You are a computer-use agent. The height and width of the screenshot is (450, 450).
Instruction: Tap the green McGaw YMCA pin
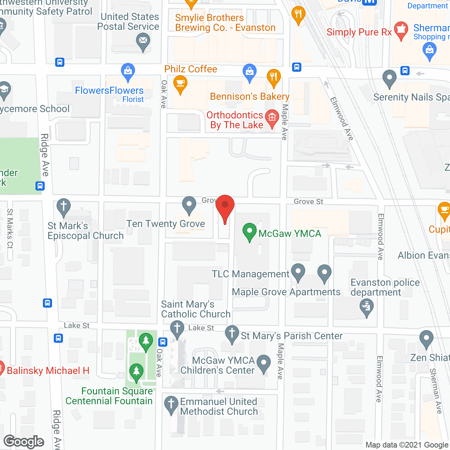(250, 232)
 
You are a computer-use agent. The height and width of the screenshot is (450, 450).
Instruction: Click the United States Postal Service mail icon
(143, 41)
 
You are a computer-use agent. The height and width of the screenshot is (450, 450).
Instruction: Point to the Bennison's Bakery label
(250, 96)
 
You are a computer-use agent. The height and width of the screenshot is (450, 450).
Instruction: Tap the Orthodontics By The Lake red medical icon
(272, 117)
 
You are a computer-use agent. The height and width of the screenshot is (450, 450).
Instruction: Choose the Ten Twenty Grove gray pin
(189, 205)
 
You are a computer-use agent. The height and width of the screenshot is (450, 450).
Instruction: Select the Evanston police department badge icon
(367, 307)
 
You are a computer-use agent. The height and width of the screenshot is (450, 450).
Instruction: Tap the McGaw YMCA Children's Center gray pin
(264, 363)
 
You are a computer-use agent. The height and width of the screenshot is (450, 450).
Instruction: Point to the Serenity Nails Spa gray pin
(389, 78)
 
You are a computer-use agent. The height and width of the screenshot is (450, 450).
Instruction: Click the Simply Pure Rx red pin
(401, 30)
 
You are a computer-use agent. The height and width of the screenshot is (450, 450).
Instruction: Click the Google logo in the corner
(24, 441)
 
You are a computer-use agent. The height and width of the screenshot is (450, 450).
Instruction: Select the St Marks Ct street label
(10, 229)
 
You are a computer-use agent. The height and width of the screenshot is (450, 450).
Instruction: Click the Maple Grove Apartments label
(286, 292)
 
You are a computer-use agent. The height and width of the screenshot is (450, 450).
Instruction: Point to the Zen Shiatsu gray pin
(426, 339)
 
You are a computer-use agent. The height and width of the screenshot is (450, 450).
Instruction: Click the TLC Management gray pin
(298, 272)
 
